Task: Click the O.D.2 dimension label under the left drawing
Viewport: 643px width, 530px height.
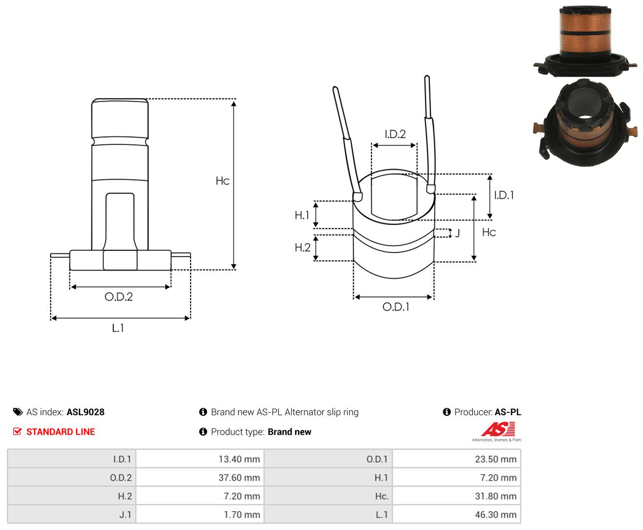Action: pyautogui.click(x=119, y=297)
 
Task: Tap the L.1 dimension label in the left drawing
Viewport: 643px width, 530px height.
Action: pyautogui.click(x=118, y=328)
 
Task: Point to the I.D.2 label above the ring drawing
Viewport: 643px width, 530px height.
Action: pyautogui.click(x=395, y=134)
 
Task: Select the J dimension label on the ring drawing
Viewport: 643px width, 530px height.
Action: pyautogui.click(x=457, y=233)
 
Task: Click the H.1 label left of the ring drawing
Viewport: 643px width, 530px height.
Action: pyautogui.click(x=302, y=215)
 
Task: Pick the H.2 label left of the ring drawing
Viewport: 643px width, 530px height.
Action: pyautogui.click(x=302, y=247)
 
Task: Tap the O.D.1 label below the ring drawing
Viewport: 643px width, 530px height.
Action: pyautogui.click(x=396, y=306)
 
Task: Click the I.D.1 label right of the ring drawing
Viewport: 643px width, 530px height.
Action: pyautogui.click(x=504, y=195)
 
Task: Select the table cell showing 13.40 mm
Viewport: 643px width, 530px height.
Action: pyautogui.click(x=239, y=459)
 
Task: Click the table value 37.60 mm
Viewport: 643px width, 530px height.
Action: pyautogui.click(x=239, y=477)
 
